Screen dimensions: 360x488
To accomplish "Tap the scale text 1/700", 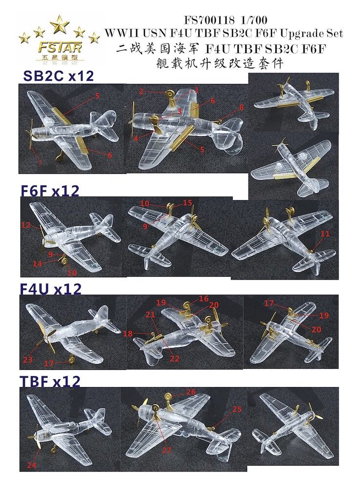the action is click(x=254, y=20).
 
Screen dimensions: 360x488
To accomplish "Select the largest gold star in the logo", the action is click(x=59, y=24).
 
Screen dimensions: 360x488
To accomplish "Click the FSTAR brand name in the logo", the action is click(x=60, y=48).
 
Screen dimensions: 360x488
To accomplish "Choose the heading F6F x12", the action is click(x=50, y=190).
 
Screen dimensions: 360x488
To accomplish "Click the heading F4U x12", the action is click(x=50, y=289).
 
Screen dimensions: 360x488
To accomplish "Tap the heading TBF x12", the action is click(x=50, y=381).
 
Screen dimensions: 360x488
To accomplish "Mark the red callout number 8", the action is click(x=242, y=108).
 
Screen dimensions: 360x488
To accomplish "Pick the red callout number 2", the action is click(x=142, y=92).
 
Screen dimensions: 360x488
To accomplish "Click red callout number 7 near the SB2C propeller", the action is click(x=40, y=163).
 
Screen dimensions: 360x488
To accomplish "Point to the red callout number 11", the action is click(x=325, y=233).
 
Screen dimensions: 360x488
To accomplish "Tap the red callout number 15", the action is click(x=188, y=203).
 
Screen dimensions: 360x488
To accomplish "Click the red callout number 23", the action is click(x=28, y=360).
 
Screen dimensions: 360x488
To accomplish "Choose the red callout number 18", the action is click(x=128, y=334).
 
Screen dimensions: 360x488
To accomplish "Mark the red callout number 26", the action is click(x=191, y=391).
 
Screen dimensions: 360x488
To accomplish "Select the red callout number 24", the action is click(x=32, y=465).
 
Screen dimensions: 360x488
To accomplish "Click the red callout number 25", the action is click(x=237, y=409).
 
